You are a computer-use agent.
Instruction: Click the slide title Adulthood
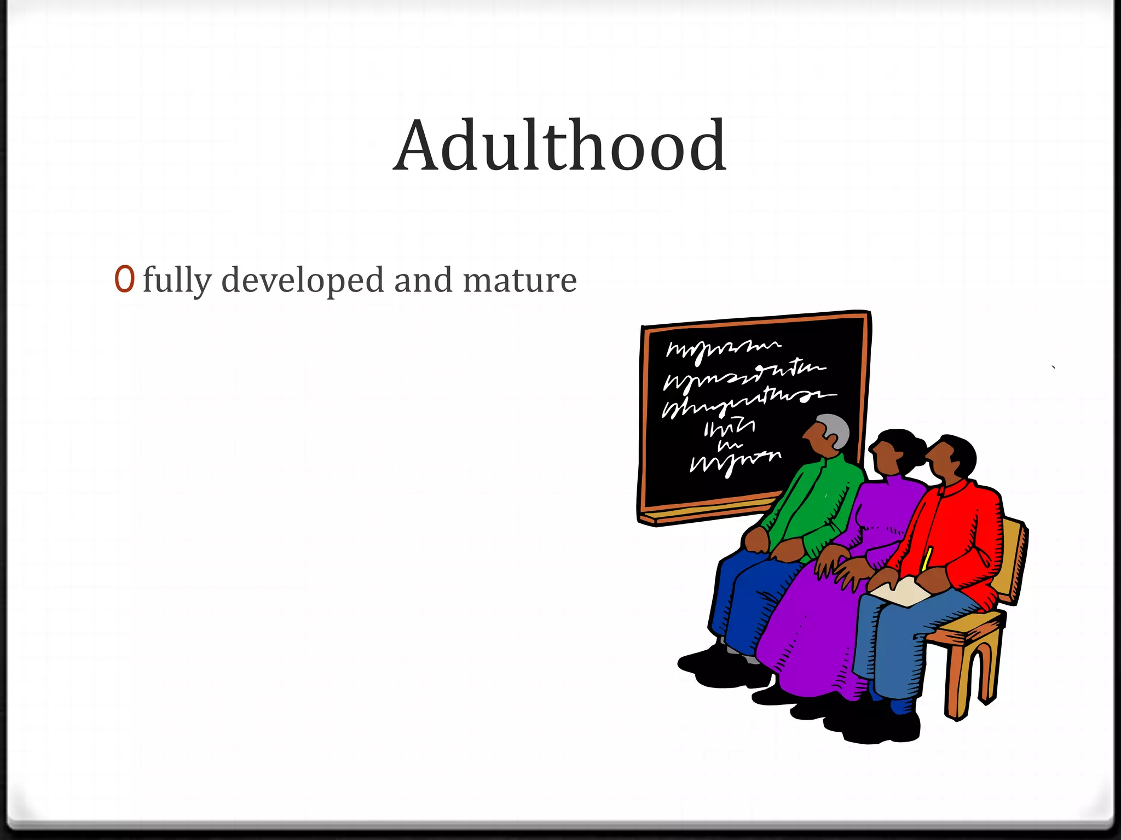click(559, 146)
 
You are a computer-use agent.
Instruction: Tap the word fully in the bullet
click(176, 281)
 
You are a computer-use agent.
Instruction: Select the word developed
click(303, 279)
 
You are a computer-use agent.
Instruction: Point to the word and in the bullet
click(423, 279)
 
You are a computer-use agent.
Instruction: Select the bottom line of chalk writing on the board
click(733, 463)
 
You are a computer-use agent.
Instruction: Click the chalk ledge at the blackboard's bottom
click(706, 511)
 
